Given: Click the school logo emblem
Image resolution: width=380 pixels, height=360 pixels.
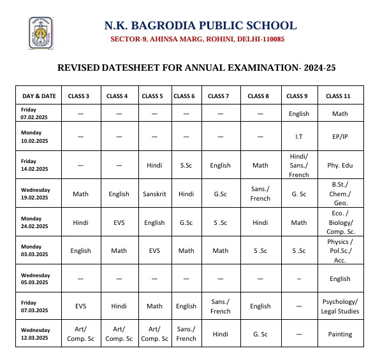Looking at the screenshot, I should pyautogui.click(x=41, y=33).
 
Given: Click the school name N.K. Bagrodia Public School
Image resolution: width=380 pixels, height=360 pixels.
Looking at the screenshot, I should pyautogui.click(x=200, y=25).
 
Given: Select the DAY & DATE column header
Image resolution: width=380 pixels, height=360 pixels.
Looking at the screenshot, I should pyautogui.click(x=39, y=96).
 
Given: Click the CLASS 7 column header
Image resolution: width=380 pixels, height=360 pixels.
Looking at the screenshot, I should pyautogui.click(x=218, y=96).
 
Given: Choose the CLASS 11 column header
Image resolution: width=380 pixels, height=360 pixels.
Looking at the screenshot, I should pyautogui.click(x=338, y=96).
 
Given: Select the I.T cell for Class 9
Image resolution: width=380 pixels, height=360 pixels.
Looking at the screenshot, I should pyautogui.click(x=298, y=137).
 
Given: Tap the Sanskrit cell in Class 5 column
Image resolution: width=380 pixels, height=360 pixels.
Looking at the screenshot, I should pyautogui.click(x=154, y=194).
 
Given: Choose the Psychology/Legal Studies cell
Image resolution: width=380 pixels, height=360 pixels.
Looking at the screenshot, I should pyautogui.click(x=340, y=306).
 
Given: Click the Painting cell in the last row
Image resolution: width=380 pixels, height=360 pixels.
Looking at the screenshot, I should pyautogui.click(x=340, y=335).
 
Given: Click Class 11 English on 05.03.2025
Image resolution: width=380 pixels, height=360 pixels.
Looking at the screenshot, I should pyautogui.click(x=340, y=279).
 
